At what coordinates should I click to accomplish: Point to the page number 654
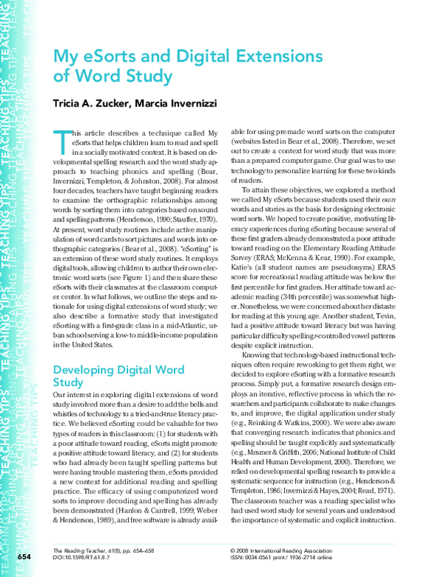(24, 556)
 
